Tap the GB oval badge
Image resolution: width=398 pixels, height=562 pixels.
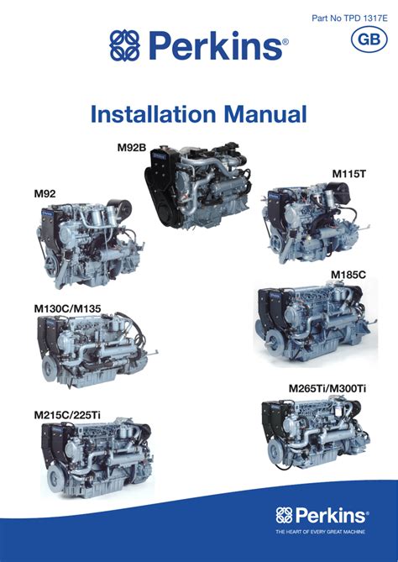(369, 39)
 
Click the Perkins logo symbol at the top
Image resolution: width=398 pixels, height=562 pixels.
(124, 45)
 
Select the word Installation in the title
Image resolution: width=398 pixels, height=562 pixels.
(154, 114)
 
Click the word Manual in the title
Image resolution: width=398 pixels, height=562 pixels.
(265, 114)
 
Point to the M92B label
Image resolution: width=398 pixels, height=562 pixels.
(132, 147)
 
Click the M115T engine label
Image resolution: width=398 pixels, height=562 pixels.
(349, 174)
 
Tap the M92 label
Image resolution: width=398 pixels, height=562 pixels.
(45, 193)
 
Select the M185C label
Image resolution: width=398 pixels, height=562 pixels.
(348, 275)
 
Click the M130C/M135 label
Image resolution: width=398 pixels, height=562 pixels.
(67, 308)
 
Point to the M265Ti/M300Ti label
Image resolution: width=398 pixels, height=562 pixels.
(327, 388)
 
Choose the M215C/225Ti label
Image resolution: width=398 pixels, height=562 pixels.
(67, 415)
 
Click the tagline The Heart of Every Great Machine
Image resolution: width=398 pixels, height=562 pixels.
(320, 532)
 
